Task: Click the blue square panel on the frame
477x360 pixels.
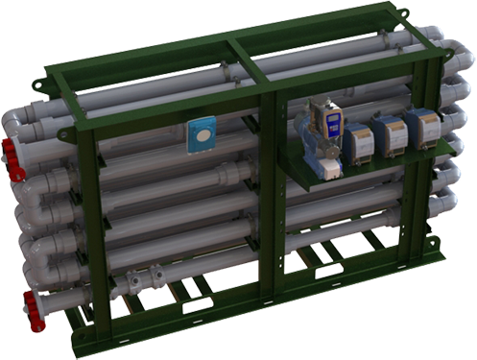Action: [202, 134]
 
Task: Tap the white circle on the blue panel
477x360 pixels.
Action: [202, 134]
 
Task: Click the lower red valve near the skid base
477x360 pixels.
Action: [35, 311]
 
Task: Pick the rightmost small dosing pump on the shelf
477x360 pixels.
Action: [423, 128]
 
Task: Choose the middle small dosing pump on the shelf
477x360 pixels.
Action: [390, 134]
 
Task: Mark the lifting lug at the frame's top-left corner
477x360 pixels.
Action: [39, 84]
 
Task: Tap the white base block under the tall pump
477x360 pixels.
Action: [329, 167]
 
